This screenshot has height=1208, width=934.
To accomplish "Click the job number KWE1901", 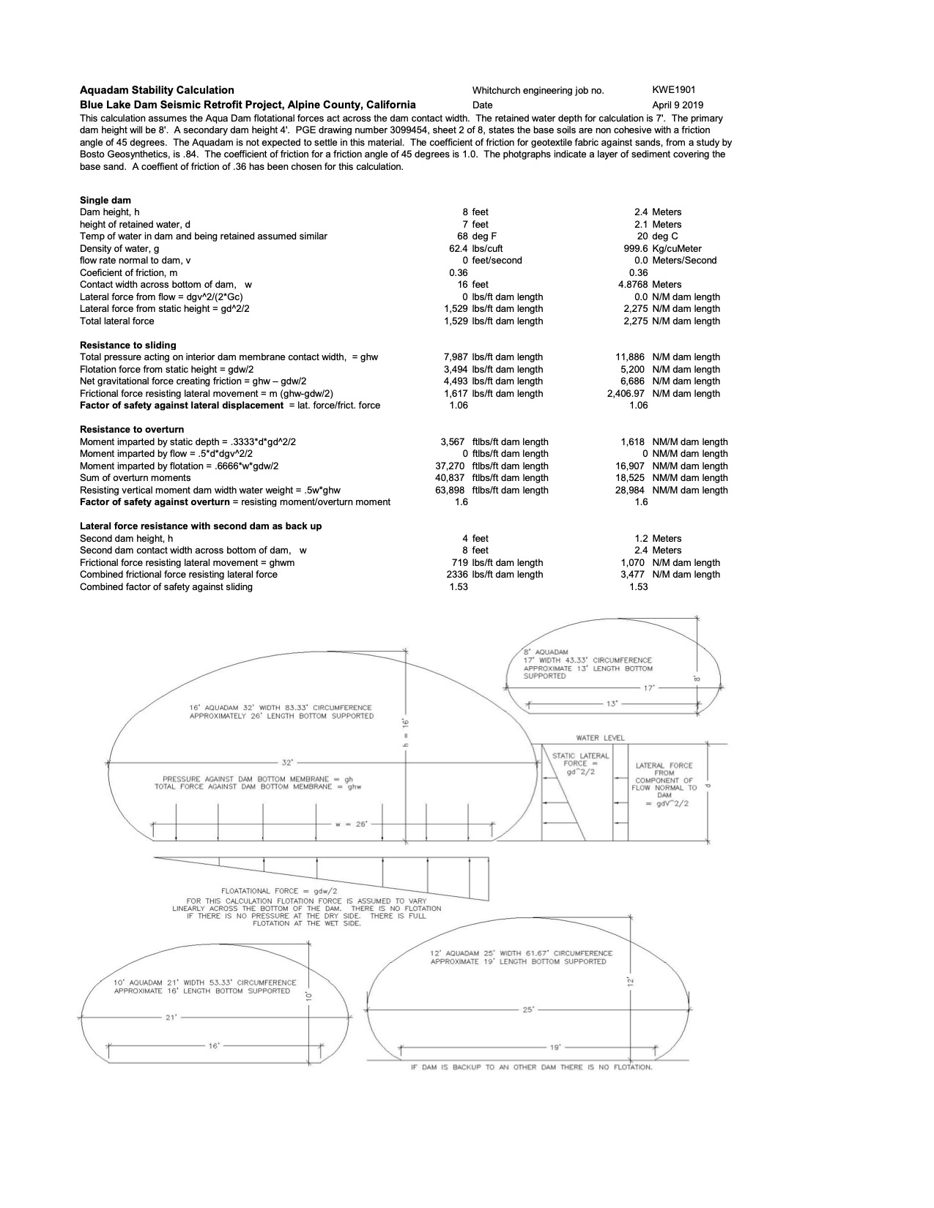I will click(673, 90).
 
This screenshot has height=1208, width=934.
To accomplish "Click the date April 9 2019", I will click(677, 105).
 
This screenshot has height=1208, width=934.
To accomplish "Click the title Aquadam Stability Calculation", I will click(157, 90).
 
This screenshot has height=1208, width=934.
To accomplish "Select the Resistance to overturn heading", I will click(132, 429).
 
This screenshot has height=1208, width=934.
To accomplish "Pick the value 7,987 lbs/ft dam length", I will click(493, 357).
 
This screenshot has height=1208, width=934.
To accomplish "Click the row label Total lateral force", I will click(117, 321).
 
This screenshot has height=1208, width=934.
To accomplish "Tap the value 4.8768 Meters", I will click(651, 284).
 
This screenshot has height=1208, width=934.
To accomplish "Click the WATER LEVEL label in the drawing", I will click(601, 738).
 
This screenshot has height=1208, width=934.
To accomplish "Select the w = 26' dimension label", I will click(351, 824).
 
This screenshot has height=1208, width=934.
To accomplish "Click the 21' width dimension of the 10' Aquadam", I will click(171, 1017).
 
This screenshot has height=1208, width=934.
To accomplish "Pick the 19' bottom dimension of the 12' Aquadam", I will click(555, 1048).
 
